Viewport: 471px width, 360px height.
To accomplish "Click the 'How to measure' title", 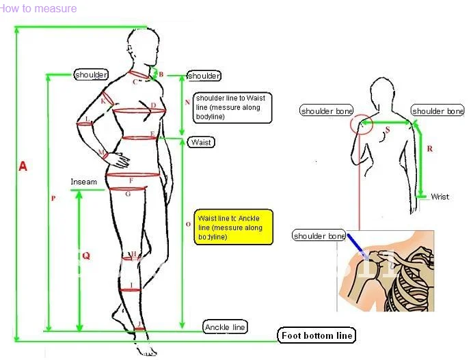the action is pos(38,9).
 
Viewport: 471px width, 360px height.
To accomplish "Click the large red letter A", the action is pos(23,166).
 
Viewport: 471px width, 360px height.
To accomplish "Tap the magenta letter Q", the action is pos(86,255).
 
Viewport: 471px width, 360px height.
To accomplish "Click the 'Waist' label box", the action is pos(201,142).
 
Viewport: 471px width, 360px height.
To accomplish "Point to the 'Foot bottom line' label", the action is pos(317,335).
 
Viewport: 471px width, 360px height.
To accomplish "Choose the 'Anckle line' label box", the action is pos(225,327).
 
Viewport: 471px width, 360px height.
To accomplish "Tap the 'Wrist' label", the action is pos(440,197).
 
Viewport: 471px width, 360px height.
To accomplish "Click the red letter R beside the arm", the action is pos(429,148).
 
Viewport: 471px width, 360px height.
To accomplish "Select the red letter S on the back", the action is pos(388,129).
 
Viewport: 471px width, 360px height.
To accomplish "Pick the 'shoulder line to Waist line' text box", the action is pos(232,108).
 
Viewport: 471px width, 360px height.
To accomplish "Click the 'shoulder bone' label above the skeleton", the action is pos(319,236).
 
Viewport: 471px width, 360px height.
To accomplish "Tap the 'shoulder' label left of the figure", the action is pos(91,74).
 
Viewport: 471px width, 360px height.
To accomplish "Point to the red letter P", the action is pos(53,199).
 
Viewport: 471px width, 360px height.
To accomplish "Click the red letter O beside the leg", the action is pos(188,224).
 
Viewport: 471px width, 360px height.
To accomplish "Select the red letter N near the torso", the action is pos(187,102).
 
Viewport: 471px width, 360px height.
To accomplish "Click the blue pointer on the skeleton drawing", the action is pos(355,245).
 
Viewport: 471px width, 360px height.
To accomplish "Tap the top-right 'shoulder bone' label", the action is pos(438,111).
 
